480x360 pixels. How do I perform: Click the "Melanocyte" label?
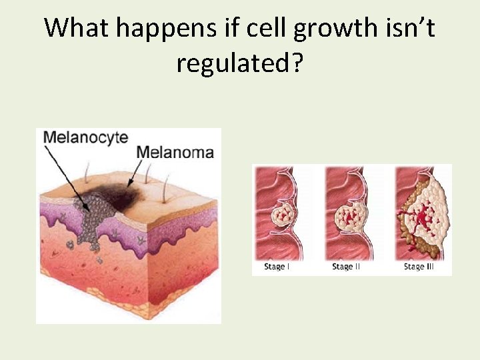85,137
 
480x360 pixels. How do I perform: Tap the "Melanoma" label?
175,152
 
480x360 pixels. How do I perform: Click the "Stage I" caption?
277,267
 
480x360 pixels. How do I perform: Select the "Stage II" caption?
347,267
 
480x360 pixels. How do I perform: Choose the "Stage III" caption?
419,267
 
